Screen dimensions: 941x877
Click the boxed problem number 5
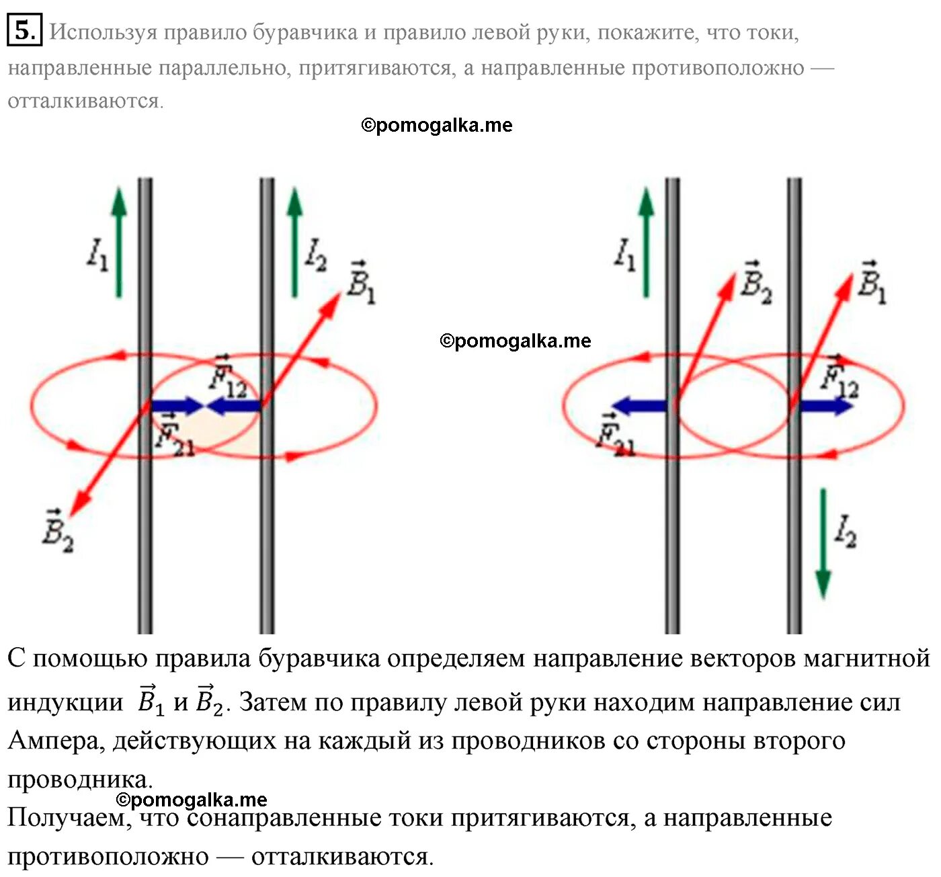click(x=24, y=31)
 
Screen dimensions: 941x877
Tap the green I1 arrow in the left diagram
click(x=119, y=242)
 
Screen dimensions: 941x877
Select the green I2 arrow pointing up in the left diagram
click(x=294, y=242)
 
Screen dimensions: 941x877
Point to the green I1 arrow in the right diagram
click(x=646, y=242)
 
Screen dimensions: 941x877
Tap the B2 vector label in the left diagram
click(x=57, y=531)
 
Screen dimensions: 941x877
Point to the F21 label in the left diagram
click(x=173, y=435)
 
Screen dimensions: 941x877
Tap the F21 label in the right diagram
click(x=616, y=435)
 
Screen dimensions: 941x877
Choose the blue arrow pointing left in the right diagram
click(x=639, y=405)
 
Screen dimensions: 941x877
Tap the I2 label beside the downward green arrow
click(x=845, y=531)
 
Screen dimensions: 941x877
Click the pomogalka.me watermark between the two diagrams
click(x=516, y=341)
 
